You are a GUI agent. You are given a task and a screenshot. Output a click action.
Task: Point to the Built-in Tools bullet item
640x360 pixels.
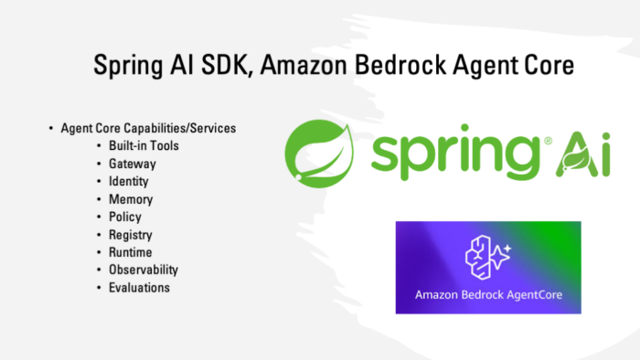click(144, 146)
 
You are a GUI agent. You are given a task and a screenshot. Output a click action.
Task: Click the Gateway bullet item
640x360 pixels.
click(133, 164)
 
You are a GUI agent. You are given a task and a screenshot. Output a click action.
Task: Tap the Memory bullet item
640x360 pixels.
click(131, 199)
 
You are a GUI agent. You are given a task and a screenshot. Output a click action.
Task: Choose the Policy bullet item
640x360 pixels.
click(125, 217)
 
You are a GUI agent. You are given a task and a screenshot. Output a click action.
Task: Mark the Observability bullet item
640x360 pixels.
click(144, 270)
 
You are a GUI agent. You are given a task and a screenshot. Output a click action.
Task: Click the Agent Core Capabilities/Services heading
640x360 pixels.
click(148, 129)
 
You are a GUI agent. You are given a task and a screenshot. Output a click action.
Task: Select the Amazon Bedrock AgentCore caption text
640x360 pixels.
click(488, 295)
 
